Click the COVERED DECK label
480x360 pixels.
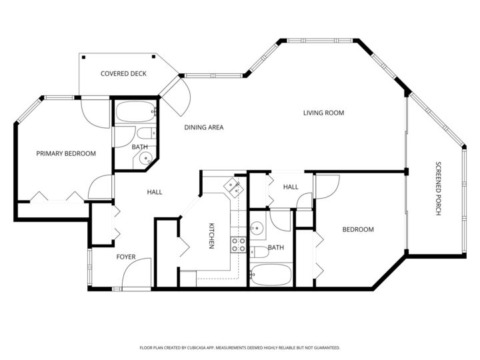pos(123,73)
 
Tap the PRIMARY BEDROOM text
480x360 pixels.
pos(66,153)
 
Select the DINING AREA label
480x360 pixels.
pos(203,127)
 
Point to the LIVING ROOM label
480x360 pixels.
pos(323,113)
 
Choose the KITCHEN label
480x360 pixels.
pos(211,235)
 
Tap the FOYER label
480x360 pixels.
pos(126,257)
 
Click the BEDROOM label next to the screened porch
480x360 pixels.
pos(357,229)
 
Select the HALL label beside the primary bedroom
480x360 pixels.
pos(155,192)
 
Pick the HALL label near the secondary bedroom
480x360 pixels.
pos(291,187)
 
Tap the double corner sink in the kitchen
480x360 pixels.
pos(234,187)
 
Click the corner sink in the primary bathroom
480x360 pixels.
pos(145,158)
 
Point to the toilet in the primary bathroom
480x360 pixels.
pos(148,133)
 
